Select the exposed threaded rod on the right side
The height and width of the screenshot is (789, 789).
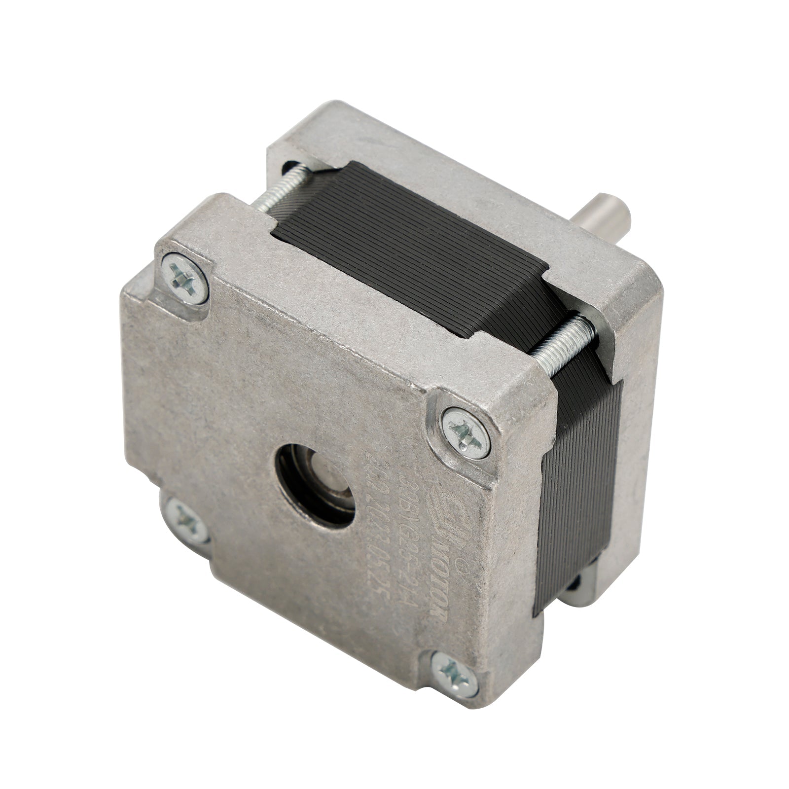(x=564, y=340)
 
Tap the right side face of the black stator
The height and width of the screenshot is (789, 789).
(x=577, y=483)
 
